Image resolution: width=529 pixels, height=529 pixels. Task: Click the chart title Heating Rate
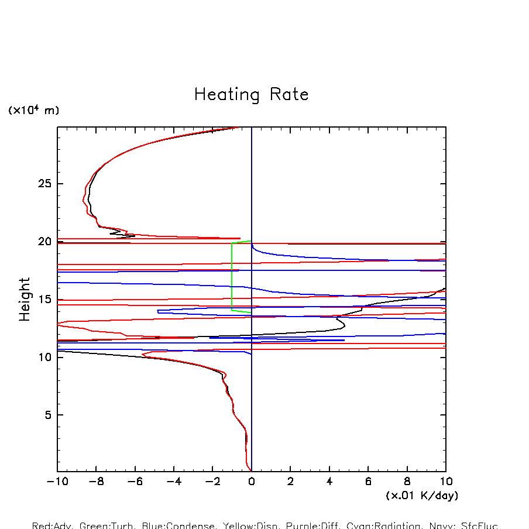[251, 95]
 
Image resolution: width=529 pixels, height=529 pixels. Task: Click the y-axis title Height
[25, 299]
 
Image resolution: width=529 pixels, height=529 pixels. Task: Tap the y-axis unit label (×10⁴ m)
[33, 110]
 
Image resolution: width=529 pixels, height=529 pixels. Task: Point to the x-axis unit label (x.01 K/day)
[422, 496]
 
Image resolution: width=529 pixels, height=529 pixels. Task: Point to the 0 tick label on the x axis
[252, 482]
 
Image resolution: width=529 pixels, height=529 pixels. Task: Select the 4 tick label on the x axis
[329, 482]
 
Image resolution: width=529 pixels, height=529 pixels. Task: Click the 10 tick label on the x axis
[446, 482]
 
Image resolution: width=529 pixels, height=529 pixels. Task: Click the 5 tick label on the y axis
[45, 415]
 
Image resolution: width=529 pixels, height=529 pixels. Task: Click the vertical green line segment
[232, 275]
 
